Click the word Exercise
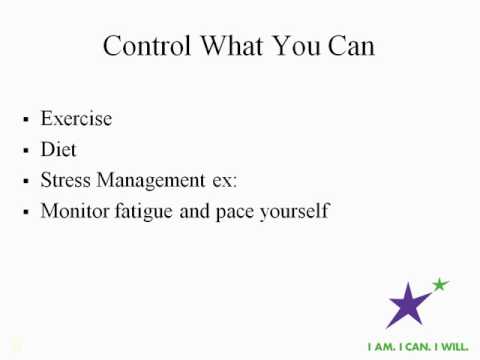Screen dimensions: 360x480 click(x=76, y=119)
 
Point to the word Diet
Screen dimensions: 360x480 click(x=58, y=150)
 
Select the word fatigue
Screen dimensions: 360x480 click(x=148, y=212)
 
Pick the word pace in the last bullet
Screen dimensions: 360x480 click(x=241, y=212)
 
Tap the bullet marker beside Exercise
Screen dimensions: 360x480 click(x=25, y=121)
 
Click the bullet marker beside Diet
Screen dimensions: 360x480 click(x=25, y=152)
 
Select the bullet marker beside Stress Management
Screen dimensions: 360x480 click(x=25, y=183)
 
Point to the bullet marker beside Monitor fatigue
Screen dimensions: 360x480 click(x=25, y=214)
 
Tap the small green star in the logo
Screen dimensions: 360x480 click(x=440, y=285)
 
